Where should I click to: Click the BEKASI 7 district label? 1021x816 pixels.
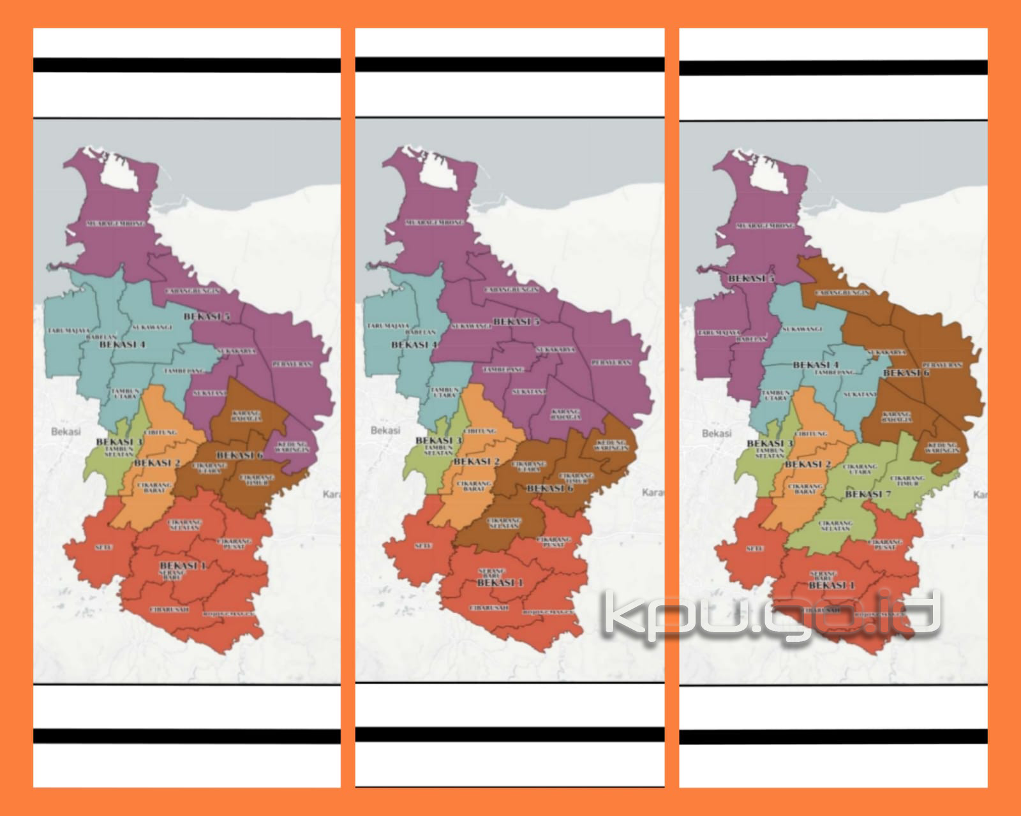[x=863, y=494]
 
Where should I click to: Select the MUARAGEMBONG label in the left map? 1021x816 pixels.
[x=115, y=224]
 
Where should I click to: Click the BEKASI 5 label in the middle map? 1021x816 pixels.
[x=516, y=322]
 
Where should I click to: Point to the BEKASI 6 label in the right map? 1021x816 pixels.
[x=905, y=373]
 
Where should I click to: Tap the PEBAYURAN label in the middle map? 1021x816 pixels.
[x=611, y=362]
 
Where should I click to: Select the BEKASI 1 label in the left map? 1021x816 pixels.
[x=183, y=566]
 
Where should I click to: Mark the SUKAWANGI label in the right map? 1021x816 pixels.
[x=801, y=329]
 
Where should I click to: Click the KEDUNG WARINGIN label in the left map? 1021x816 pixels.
[x=292, y=446]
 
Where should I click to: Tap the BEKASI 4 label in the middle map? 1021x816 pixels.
[x=414, y=345]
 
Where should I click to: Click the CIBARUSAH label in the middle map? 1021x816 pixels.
[x=489, y=607]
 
